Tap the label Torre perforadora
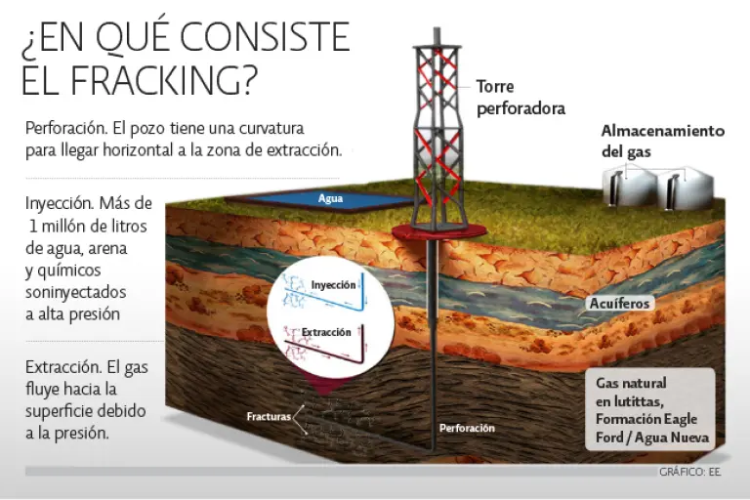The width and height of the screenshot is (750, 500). (x=521, y=98)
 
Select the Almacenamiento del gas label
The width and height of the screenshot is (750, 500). (x=662, y=142)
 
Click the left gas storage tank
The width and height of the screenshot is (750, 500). (x=628, y=188)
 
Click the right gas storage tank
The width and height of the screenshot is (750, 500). (x=685, y=189)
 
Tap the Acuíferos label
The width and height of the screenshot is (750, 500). (x=619, y=304)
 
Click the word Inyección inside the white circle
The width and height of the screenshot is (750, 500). (x=333, y=285)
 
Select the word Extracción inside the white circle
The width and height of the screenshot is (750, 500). (x=326, y=332)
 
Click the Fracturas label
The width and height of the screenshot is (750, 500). (x=269, y=417)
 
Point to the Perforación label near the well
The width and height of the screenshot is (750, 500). (x=467, y=429)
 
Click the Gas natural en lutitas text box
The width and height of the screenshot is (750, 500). (x=650, y=409)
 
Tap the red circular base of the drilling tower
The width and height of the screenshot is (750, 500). (x=438, y=231)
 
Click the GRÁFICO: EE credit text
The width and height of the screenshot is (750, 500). (x=689, y=473)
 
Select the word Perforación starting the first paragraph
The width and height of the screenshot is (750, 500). (x=66, y=129)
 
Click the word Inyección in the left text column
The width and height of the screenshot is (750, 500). (x=60, y=204)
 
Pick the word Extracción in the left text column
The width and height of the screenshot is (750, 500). (x=63, y=367)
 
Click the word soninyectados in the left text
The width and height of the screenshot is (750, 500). (x=75, y=292)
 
